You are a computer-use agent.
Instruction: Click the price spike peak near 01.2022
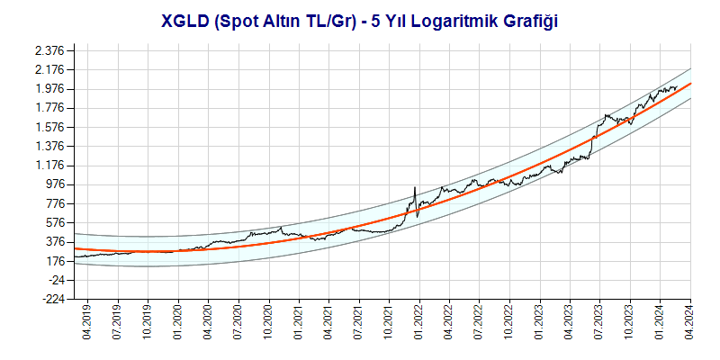(x=414, y=187)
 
